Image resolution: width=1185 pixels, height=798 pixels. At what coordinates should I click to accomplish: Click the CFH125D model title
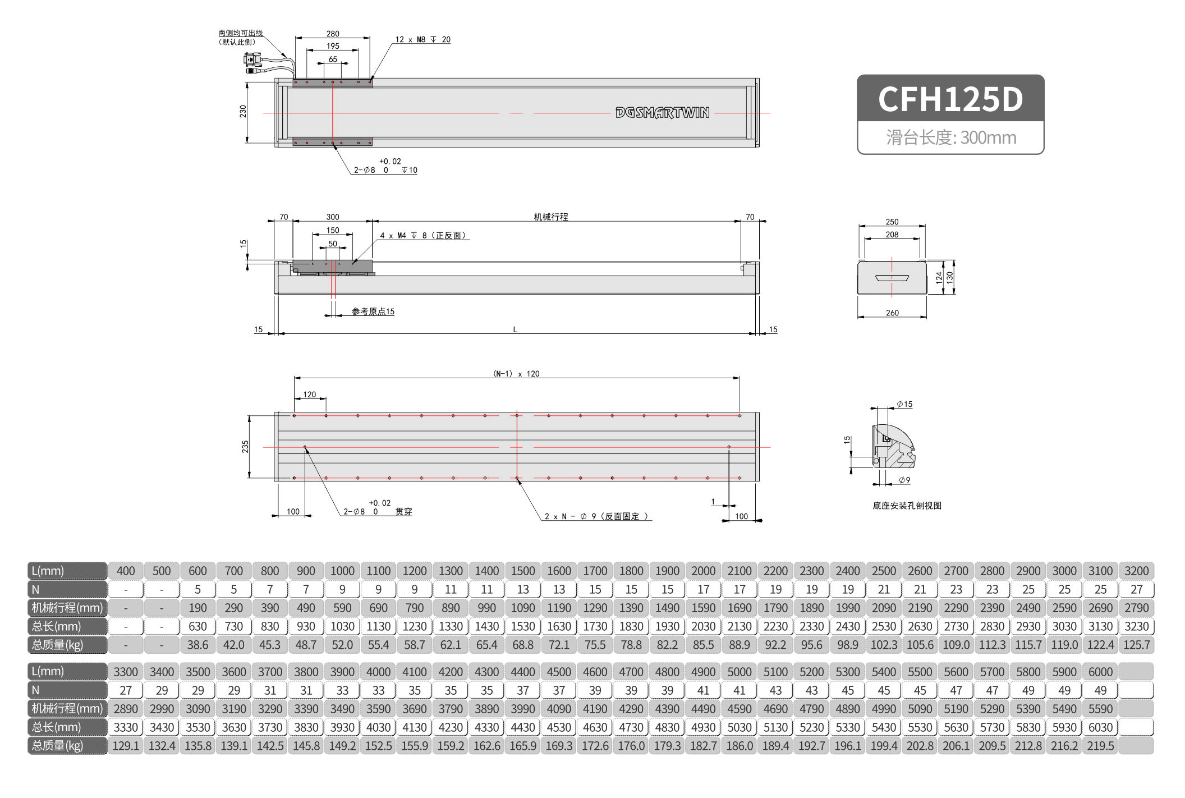click(x=950, y=99)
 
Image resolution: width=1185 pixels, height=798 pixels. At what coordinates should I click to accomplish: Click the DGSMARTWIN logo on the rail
click(x=662, y=113)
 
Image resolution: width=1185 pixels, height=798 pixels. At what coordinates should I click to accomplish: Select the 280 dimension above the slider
click(x=333, y=34)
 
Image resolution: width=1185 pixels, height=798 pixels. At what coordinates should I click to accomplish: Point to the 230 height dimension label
click(x=243, y=112)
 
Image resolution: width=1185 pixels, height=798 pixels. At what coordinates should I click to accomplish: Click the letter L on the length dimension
click(x=515, y=329)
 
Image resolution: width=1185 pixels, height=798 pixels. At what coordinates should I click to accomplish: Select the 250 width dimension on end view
click(x=892, y=222)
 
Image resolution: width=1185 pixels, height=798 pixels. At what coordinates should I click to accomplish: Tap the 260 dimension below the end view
click(x=892, y=313)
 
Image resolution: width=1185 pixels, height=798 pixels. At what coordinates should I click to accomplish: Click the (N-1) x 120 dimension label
click(x=516, y=374)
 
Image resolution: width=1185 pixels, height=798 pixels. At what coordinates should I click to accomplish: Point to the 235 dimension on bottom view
click(x=245, y=447)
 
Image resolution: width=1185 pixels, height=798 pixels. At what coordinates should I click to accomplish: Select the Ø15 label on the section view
click(x=904, y=404)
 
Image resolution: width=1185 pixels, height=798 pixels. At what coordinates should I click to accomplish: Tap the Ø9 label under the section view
click(x=904, y=480)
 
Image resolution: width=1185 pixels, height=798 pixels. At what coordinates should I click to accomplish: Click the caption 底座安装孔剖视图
click(x=907, y=506)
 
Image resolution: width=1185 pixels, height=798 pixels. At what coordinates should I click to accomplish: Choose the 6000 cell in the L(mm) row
click(x=1100, y=672)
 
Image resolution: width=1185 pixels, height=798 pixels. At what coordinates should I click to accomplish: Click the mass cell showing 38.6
click(x=197, y=645)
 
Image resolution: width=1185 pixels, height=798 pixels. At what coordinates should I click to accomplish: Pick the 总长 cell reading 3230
click(x=1136, y=626)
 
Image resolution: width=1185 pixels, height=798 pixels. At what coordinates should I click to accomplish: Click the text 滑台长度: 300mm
click(x=951, y=137)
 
